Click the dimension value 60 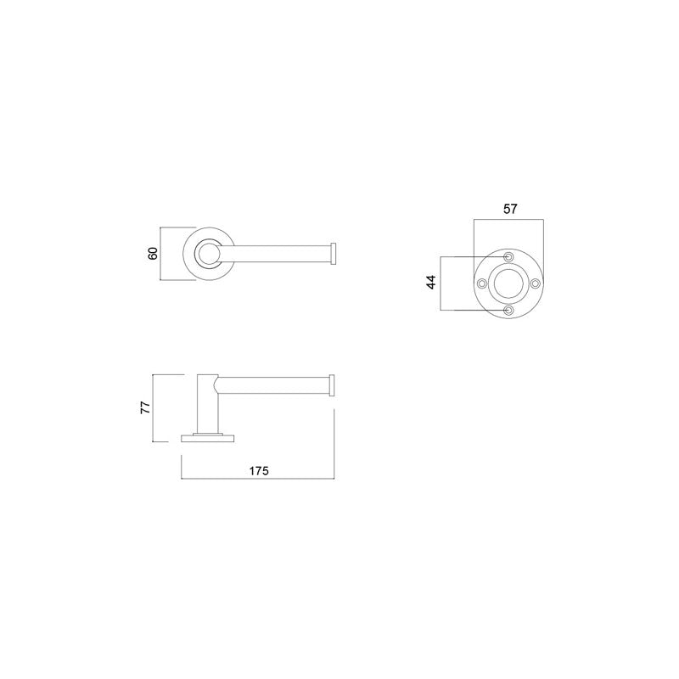point(153,254)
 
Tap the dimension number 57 point(509,209)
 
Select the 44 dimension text point(430,283)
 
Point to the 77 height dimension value point(145,407)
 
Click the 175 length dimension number point(259,471)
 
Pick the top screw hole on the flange point(508,256)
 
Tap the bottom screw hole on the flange point(508,311)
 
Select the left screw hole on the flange point(481,283)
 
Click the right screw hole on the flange point(536,283)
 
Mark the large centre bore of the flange point(508,283)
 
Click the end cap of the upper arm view point(334,254)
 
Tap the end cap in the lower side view point(334,384)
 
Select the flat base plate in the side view point(209,438)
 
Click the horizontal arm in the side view point(272,384)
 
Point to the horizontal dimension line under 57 point(508,220)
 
